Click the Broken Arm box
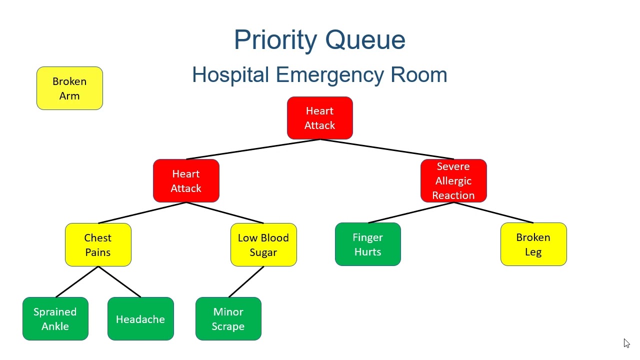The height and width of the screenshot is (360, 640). tap(69, 88)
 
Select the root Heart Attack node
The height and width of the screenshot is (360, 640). tap(320, 118)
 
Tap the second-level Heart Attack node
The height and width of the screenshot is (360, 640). tap(186, 181)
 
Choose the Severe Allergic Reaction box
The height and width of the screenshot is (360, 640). tap(453, 181)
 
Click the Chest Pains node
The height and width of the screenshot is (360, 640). tap(98, 245)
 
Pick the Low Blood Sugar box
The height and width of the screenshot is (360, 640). tap(263, 245)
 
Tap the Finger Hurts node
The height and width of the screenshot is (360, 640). tap(367, 244)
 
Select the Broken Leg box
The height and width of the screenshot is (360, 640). tap(533, 244)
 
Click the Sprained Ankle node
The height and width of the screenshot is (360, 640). tap(55, 319)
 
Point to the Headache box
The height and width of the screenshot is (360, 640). tap(140, 319)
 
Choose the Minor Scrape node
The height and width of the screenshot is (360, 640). tap(228, 319)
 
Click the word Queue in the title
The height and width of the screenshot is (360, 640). tap(365, 40)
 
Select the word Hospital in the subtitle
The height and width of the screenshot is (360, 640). tap(230, 75)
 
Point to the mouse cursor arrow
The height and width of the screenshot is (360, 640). tap(626, 342)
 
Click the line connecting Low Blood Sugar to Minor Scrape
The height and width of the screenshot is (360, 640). tap(246, 282)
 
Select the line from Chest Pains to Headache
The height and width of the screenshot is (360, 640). tap(119, 282)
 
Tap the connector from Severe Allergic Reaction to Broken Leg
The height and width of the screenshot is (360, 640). tap(493, 213)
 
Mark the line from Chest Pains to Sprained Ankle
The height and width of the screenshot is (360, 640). tap(77, 282)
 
